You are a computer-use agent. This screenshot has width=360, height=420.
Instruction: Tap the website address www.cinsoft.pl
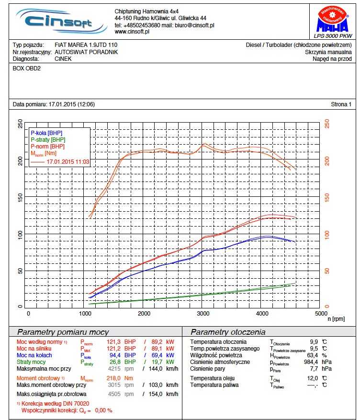pos(133,32)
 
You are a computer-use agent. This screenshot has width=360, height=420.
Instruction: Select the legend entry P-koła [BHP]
pos(46,133)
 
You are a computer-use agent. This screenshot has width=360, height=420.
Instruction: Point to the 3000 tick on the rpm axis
pos(204,313)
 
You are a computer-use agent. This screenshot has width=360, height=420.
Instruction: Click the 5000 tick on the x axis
pos(321,313)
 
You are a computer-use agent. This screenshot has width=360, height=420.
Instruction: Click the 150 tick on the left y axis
pos(20,198)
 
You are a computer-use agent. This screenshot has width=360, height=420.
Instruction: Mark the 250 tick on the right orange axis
pos(327,124)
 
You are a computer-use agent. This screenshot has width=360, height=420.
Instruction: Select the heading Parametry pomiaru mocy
pos(63,332)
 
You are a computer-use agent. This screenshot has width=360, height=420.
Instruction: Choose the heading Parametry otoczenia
pos(228,332)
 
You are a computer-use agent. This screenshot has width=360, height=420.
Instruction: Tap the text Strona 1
pos(341,104)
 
